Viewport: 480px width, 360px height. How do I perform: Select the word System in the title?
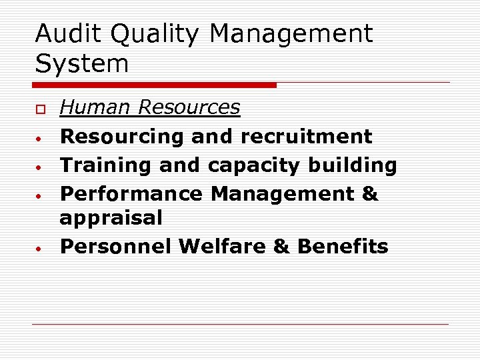point(81,65)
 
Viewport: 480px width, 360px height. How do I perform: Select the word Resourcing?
point(122,137)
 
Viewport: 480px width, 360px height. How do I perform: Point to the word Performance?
point(131,193)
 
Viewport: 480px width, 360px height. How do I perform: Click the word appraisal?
point(111,218)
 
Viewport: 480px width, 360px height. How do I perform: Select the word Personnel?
point(116,246)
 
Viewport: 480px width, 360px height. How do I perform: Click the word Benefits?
point(343,246)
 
